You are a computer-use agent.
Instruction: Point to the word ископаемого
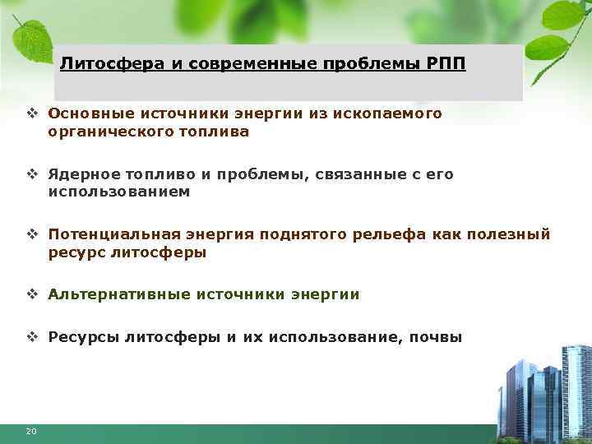pyautogui.click(x=388, y=113)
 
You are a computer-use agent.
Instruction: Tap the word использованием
pyautogui.click(x=118, y=192)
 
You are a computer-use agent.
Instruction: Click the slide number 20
pyautogui.click(x=30, y=431)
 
